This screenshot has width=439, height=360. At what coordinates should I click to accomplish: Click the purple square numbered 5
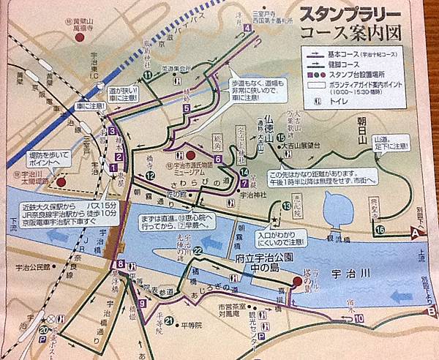pos(187,108)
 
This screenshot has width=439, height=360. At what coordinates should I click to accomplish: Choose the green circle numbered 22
pos(198,251)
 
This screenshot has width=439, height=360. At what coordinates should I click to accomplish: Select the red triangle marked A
pos(416,232)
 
